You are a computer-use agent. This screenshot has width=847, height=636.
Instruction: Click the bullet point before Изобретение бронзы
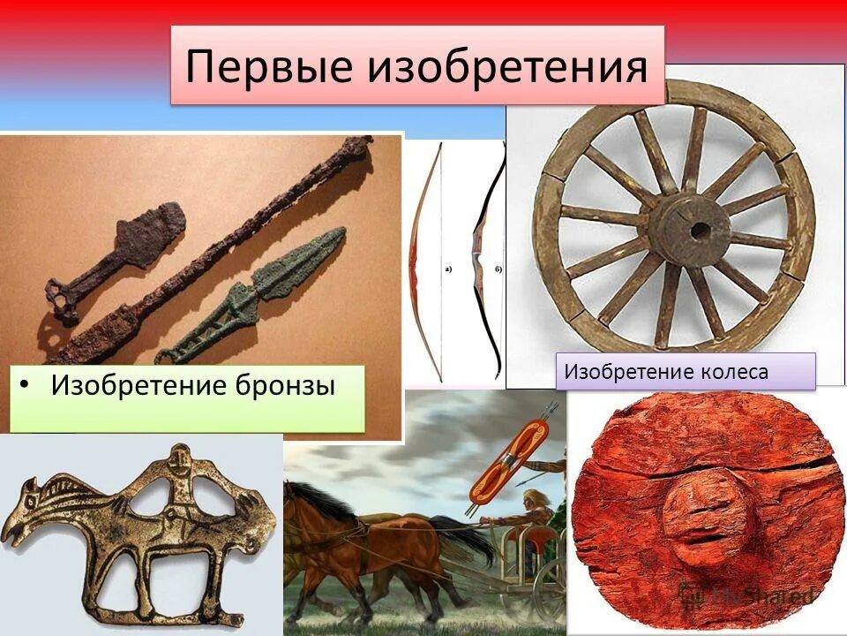click(28, 387)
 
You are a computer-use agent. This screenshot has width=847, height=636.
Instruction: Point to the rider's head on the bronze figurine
click(178, 459)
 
